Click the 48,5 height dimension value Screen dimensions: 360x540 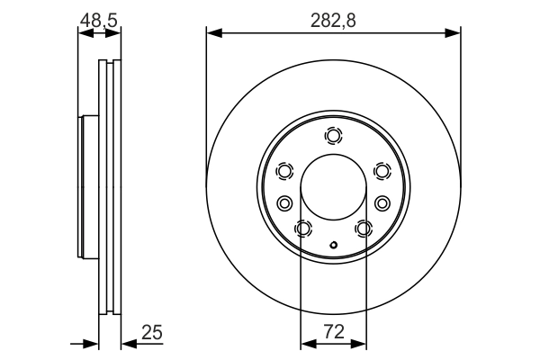click(100, 18)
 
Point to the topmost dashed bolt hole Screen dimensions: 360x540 click(334, 137)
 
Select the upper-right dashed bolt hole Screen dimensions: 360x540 click(382, 171)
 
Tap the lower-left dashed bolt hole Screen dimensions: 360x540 click(303, 229)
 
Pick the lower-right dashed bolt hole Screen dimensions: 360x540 click(364, 229)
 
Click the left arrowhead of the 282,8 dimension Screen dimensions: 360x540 click(213, 34)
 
